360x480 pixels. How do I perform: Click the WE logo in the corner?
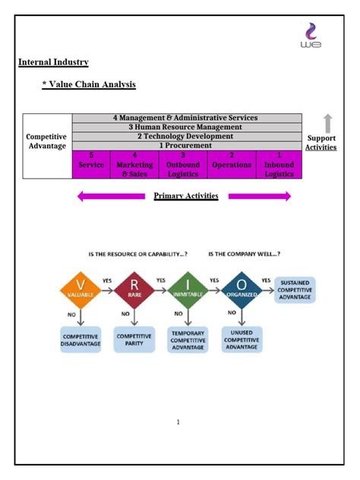[311, 36]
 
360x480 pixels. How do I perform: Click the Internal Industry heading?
[53, 62]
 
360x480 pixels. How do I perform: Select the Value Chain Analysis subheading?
[89, 84]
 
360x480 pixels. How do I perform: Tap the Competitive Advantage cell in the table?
[47, 141]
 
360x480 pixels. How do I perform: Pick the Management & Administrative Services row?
[186, 118]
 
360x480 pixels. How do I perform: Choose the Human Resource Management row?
[186, 127]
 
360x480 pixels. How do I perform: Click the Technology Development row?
[186, 136]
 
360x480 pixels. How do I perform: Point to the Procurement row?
[186, 145]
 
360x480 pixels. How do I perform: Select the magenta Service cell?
[91, 164]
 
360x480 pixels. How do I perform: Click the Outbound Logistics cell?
[183, 164]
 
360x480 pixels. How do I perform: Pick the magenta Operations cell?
[232, 164]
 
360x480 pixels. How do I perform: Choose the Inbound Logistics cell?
[279, 164]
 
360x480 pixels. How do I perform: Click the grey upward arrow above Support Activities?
[327, 123]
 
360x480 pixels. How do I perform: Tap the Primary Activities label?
[186, 196]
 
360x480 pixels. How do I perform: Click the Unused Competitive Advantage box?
[242, 338]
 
